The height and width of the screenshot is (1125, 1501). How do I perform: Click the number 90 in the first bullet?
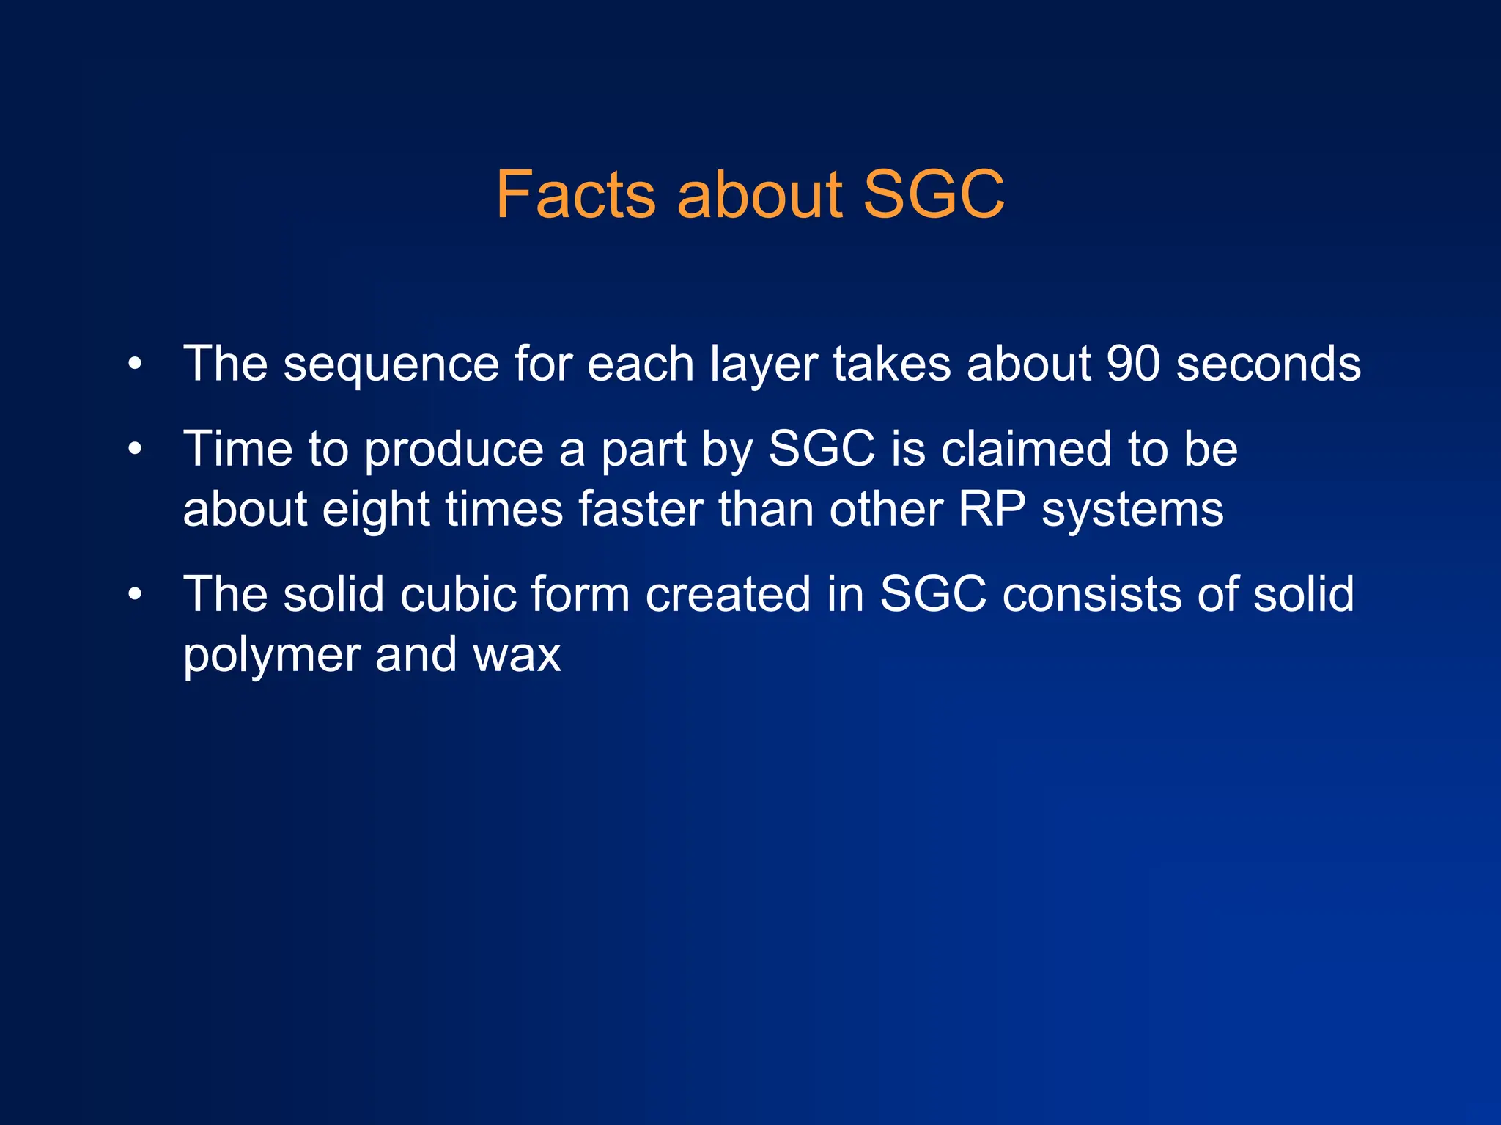1133,364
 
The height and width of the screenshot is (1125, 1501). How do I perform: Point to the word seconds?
1268,364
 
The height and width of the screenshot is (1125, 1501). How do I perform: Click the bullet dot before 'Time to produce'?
134,449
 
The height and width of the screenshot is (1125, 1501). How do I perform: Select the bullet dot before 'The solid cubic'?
134,594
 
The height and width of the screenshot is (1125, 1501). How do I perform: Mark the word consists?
1091,593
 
